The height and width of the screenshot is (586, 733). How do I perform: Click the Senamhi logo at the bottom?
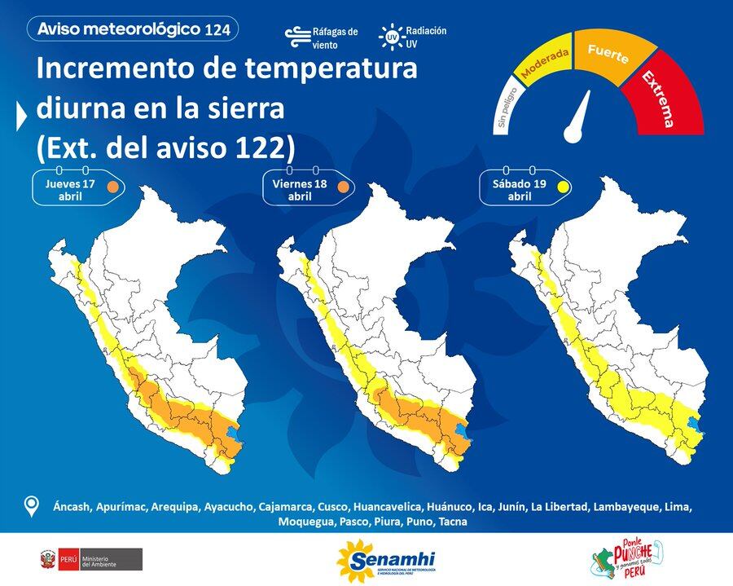386,560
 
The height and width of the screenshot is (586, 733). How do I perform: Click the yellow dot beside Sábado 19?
562,187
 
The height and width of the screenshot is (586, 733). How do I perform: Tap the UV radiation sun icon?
392,36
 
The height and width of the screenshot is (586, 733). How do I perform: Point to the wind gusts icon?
296,37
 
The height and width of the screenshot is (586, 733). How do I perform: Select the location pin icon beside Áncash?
31,506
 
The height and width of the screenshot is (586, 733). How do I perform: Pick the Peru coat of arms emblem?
46,559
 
